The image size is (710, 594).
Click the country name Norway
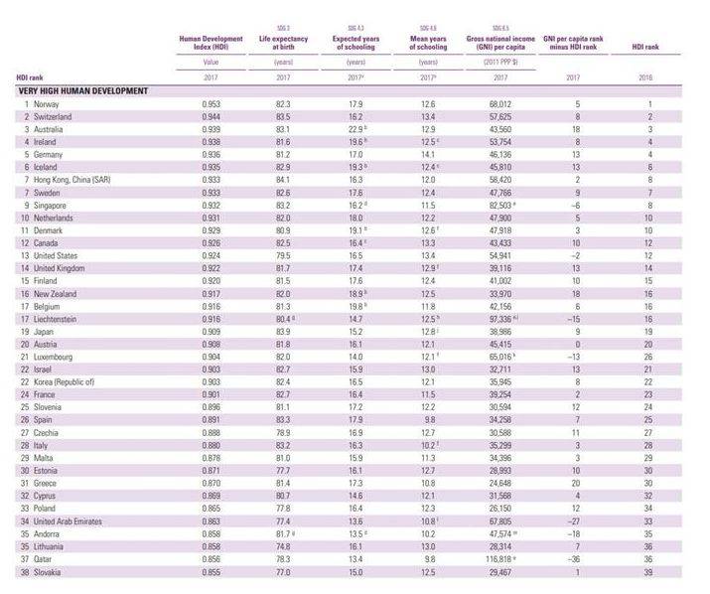(47, 103)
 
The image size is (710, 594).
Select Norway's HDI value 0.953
(211, 103)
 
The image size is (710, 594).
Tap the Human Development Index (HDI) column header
(211, 42)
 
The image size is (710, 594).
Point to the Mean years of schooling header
(428, 42)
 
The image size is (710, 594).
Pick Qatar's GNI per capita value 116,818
(499, 559)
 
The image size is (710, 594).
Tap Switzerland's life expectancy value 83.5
(283, 116)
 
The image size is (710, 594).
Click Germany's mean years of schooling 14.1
(428, 154)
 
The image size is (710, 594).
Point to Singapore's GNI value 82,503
(499, 205)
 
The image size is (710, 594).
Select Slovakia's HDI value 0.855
(211, 572)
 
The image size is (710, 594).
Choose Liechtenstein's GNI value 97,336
(499, 319)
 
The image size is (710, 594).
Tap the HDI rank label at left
(30, 76)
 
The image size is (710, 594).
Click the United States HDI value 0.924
(211, 255)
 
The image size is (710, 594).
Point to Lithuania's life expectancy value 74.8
(283, 546)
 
